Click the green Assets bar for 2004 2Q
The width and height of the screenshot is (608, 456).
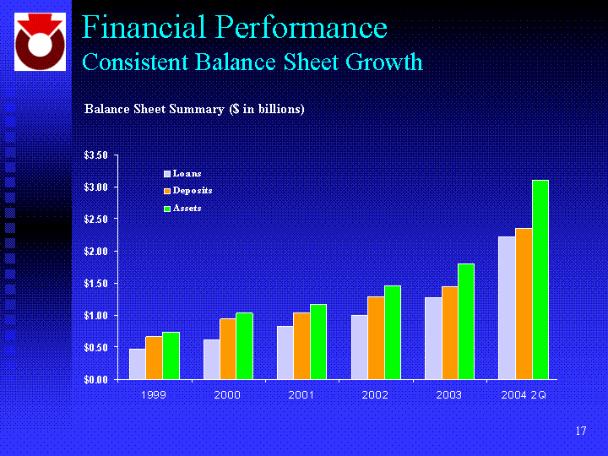pos(540,280)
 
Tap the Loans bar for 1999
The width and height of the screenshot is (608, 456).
pos(137,364)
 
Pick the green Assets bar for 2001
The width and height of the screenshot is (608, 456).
pos(318,342)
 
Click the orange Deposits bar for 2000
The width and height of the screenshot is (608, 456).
pos(228,349)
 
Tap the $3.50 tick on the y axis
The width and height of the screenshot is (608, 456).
pos(95,155)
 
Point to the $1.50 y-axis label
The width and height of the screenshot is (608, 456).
pos(95,284)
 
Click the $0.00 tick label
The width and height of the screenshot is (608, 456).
pos(95,379)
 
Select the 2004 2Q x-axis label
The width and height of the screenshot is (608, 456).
pos(524,394)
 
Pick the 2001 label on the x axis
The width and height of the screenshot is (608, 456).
pos(301,394)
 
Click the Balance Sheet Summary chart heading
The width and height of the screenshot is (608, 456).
pos(194,109)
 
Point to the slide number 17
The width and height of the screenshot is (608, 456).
pos(580,432)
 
